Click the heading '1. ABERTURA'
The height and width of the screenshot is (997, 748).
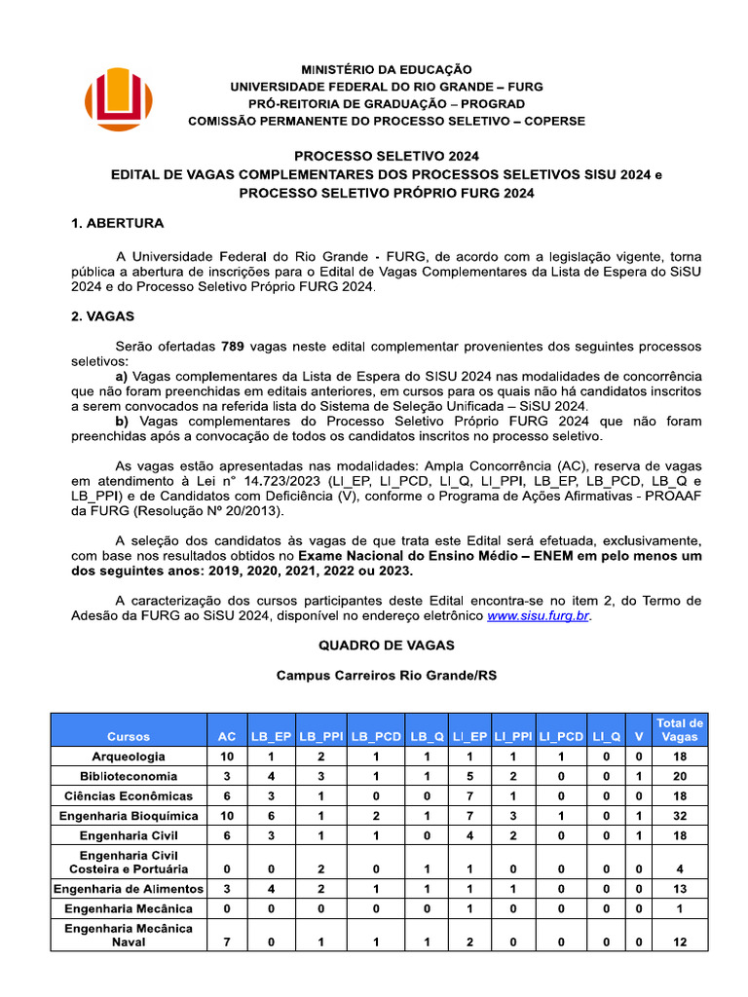[x=117, y=223]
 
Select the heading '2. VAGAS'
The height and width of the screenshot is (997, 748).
[x=102, y=316]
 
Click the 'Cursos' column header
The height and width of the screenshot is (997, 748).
[x=129, y=737]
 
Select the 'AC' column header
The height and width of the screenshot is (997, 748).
[x=227, y=737]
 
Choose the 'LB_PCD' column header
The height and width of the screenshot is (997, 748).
[x=376, y=737]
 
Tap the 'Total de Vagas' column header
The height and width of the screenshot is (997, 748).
[x=680, y=729]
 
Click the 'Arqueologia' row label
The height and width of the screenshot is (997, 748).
[x=129, y=757]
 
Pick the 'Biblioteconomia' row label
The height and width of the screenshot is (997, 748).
[x=129, y=776]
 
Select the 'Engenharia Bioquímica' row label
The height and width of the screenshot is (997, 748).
[x=129, y=816]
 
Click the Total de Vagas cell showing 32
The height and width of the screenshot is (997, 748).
[x=680, y=816]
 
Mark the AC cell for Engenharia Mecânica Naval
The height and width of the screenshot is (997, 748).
[x=227, y=942]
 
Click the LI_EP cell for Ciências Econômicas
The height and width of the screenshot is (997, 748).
[x=468, y=796]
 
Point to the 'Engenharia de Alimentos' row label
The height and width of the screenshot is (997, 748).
[x=129, y=889]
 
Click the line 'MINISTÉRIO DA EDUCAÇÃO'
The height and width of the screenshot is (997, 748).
[x=387, y=70]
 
